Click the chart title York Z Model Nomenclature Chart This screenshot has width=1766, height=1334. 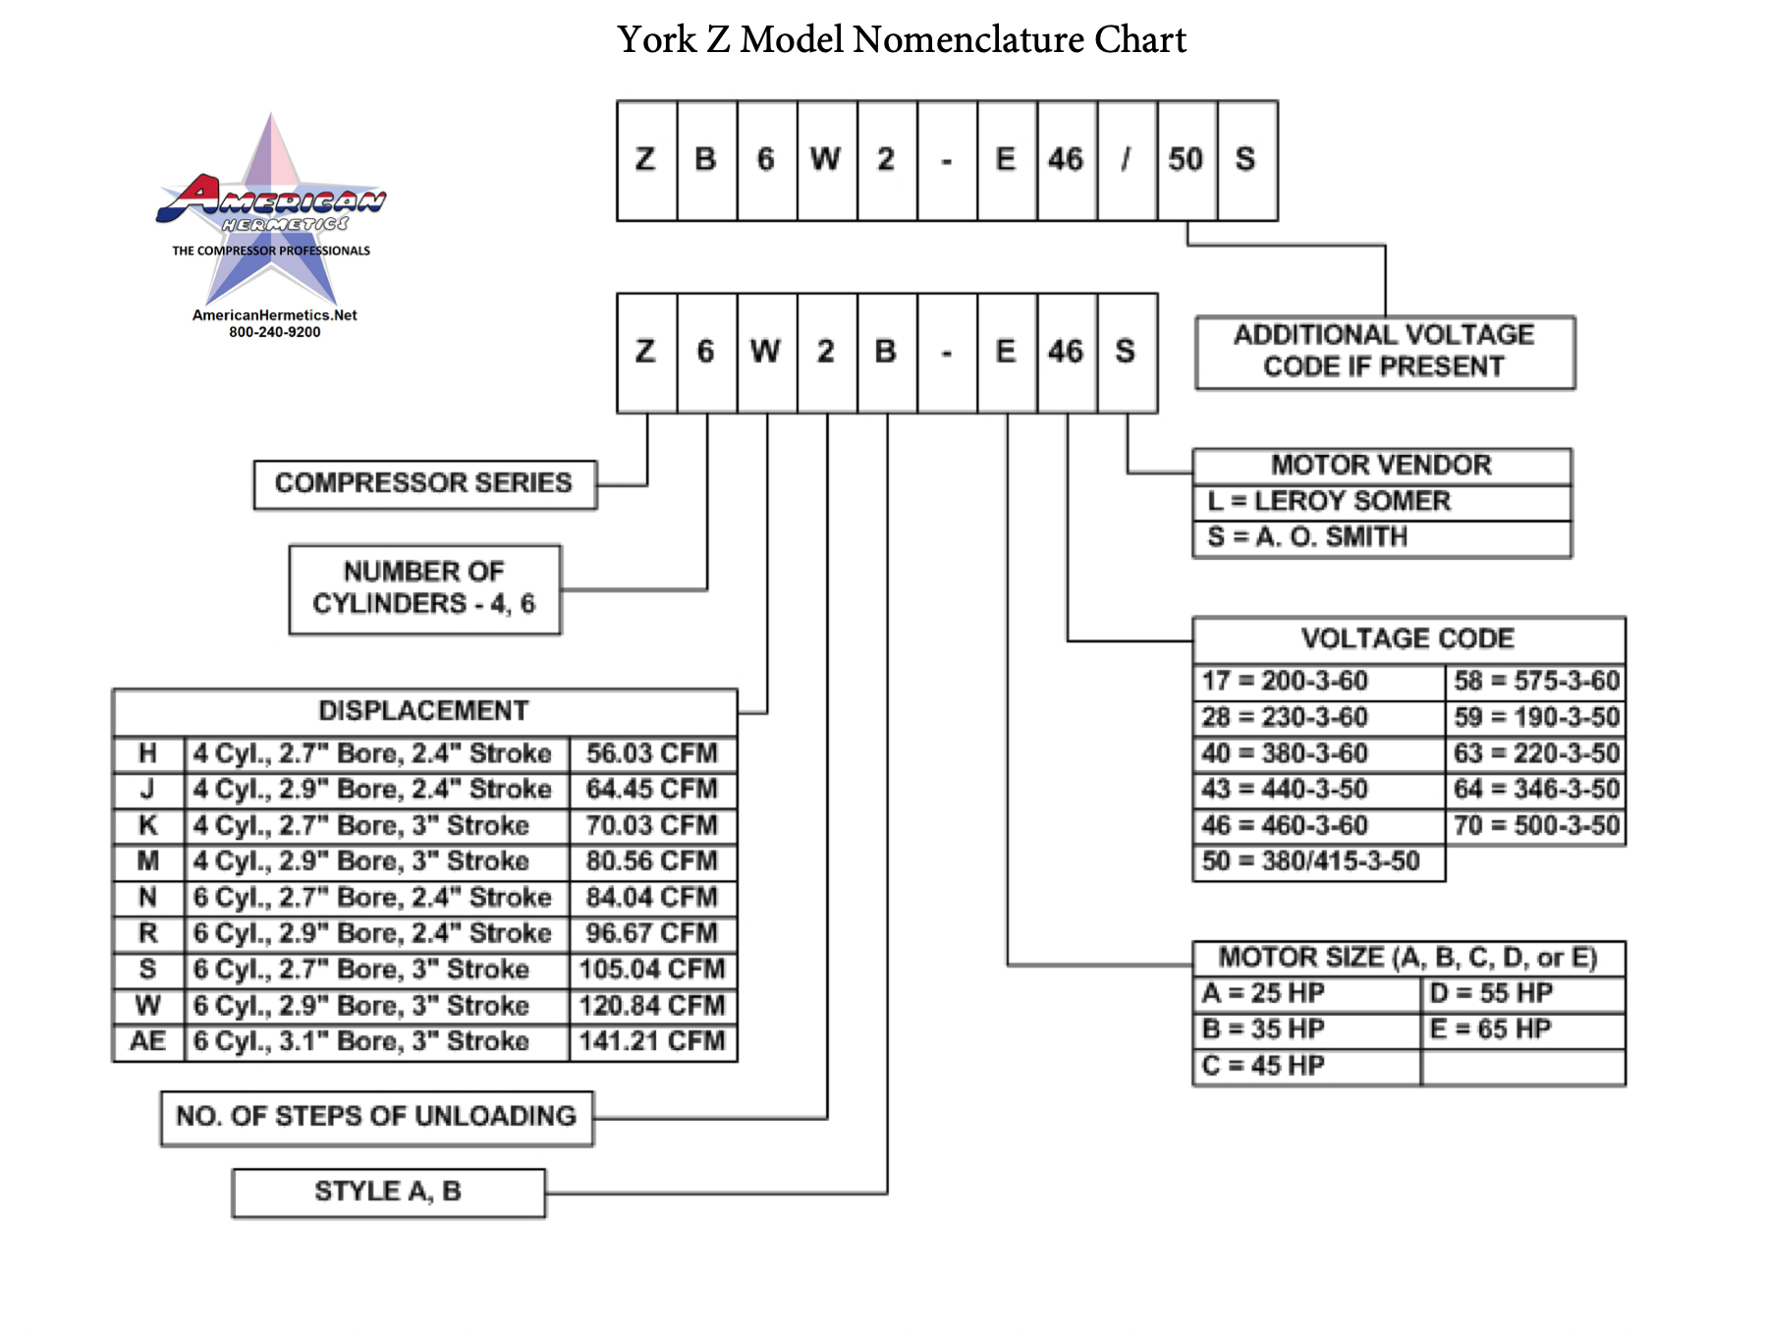tap(902, 40)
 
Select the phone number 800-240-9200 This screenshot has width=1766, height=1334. tap(275, 332)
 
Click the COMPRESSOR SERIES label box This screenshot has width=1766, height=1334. tap(424, 484)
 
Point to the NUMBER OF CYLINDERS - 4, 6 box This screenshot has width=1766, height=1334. tap(424, 589)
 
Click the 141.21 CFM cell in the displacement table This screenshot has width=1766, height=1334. tap(652, 1041)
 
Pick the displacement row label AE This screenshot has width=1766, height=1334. tap(148, 1041)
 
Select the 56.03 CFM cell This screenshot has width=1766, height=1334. tap(652, 753)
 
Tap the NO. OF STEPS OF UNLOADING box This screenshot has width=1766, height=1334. tap(376, 1118)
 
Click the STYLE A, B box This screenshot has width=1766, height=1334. tap(388, 1193)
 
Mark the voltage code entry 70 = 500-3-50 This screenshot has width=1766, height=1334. tap(1536, 826)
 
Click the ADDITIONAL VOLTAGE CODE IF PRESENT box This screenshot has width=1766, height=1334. tap(1385, 352)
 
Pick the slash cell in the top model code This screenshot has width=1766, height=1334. tap(1127, 160)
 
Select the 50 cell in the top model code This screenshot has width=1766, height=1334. tap(1187, 160)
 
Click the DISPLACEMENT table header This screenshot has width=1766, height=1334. tap(424, 711)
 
